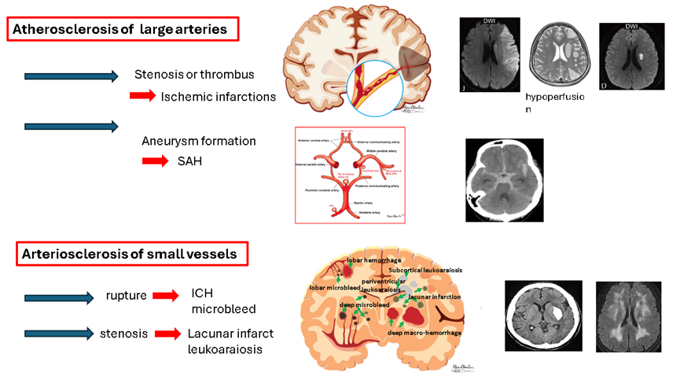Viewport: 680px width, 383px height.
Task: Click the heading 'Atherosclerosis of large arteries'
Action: coord(123,30)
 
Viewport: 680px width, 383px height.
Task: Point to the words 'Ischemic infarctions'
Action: coord(218,97)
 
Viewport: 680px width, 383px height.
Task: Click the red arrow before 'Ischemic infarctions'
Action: coord(143,96)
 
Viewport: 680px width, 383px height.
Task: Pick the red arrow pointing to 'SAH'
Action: coord(155,161)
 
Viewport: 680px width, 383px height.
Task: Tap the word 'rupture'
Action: coord(127,296)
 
